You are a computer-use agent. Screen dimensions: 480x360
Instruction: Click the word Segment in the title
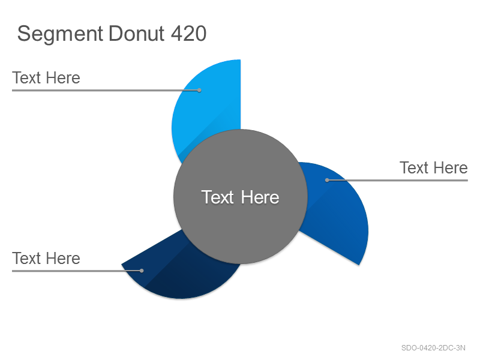pos(60,34)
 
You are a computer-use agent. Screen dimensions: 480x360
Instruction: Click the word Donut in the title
pos(137,33)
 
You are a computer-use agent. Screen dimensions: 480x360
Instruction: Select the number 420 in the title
pos(188,33)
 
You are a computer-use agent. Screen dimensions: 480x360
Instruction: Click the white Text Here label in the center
pos(241,197)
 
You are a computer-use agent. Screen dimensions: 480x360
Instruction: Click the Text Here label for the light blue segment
pos(46,78)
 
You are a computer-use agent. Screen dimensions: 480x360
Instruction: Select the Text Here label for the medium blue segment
pos(433,168)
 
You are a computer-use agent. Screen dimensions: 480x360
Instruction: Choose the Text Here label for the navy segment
pos(46,259)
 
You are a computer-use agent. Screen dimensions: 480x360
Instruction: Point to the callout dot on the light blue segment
pos(199,91)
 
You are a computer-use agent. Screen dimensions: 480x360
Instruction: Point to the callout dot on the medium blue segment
pos(327,181)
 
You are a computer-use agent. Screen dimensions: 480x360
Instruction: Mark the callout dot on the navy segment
pos(142,271)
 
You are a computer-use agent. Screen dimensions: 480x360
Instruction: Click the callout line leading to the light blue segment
pos(106,91)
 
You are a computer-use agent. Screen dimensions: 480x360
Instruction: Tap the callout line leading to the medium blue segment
pos(397,181)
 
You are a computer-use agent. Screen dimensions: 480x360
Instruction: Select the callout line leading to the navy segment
pos(77,271)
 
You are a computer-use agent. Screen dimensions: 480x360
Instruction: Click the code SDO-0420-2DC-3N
pos(433,348)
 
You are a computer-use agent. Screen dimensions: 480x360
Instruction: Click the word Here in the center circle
pos(260,197)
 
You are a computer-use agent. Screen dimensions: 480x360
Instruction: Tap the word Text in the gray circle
pos(218,197)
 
